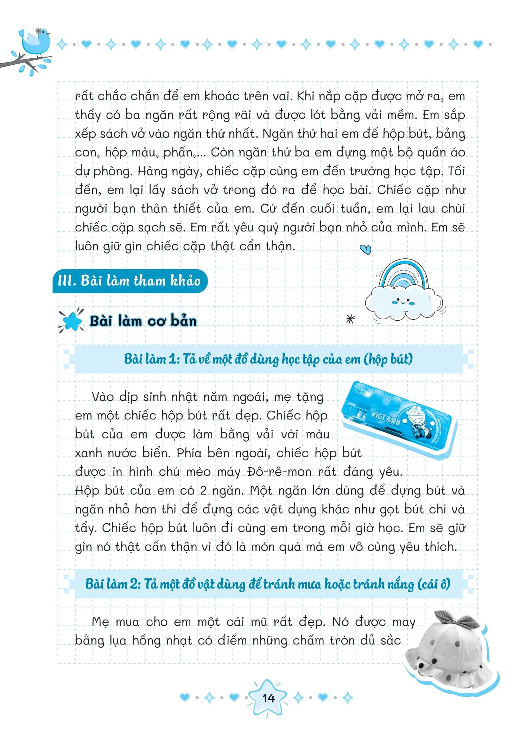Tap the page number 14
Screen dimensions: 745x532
(x=268, y=698)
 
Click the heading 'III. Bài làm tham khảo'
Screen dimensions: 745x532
(x=129, y=281)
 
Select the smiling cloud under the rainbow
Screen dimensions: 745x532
(x=403, y=303)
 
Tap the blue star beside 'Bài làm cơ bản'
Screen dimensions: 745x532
(x=71, y=321)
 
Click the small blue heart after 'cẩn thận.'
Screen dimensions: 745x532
(x=366, y=250)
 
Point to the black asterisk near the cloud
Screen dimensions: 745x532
(x=351, y=319)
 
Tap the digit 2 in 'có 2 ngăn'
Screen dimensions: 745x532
(x=203, y=490)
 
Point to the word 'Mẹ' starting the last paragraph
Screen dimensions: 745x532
(x=100, y=622)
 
